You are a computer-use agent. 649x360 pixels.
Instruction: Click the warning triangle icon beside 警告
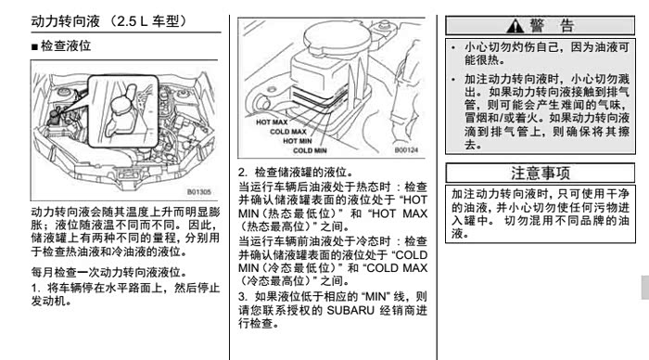coord(515,26)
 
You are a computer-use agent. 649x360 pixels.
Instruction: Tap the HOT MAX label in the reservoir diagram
coord(272,122)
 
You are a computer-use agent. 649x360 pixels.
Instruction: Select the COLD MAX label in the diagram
coord(288,132)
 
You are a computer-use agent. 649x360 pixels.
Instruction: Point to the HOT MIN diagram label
coord(298,141)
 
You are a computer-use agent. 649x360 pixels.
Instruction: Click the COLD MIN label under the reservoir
coord(310,151)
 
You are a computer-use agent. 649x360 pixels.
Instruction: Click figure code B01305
coord(199,192)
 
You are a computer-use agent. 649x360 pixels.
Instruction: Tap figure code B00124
coord(406,150)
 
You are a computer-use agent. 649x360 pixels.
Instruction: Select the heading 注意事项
coord(541,174)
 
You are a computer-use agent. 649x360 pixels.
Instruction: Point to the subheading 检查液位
coord(66,46)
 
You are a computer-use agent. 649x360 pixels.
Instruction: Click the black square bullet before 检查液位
coord(34,46)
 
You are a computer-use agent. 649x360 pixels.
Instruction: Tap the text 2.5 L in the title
coord(132,21)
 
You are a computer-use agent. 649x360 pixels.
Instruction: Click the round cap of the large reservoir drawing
coord(336,35)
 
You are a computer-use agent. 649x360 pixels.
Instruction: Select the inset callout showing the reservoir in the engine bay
coord(123,111)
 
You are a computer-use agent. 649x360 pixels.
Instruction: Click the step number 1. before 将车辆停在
coord(35,288)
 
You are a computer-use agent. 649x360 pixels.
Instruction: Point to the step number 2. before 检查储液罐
coord(243,173)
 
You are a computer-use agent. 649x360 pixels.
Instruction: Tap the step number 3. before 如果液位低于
coord(243,297)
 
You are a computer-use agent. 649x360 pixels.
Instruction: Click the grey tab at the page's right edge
coord(645,287)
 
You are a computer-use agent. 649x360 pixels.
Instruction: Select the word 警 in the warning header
coord(537,26)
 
